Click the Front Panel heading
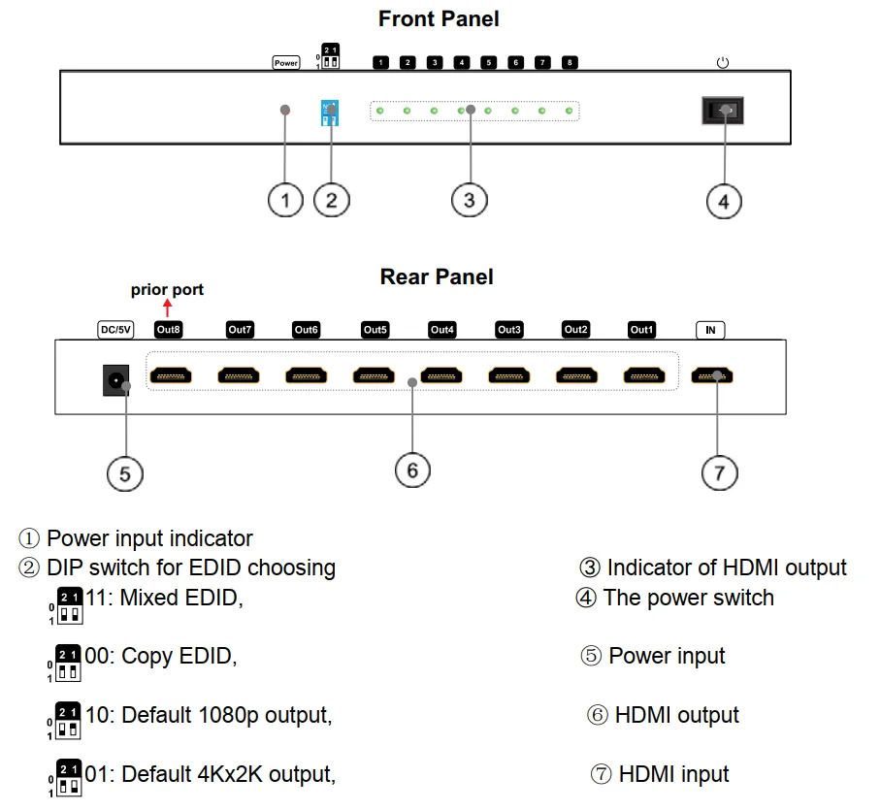439,18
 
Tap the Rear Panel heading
437,277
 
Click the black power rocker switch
722,111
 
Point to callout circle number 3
470,200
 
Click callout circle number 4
723,202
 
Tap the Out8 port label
169,330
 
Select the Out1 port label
641,330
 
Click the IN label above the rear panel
710,331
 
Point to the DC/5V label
115,330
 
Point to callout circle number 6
412,470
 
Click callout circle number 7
719,472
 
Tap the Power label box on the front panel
286,63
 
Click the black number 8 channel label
570,63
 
